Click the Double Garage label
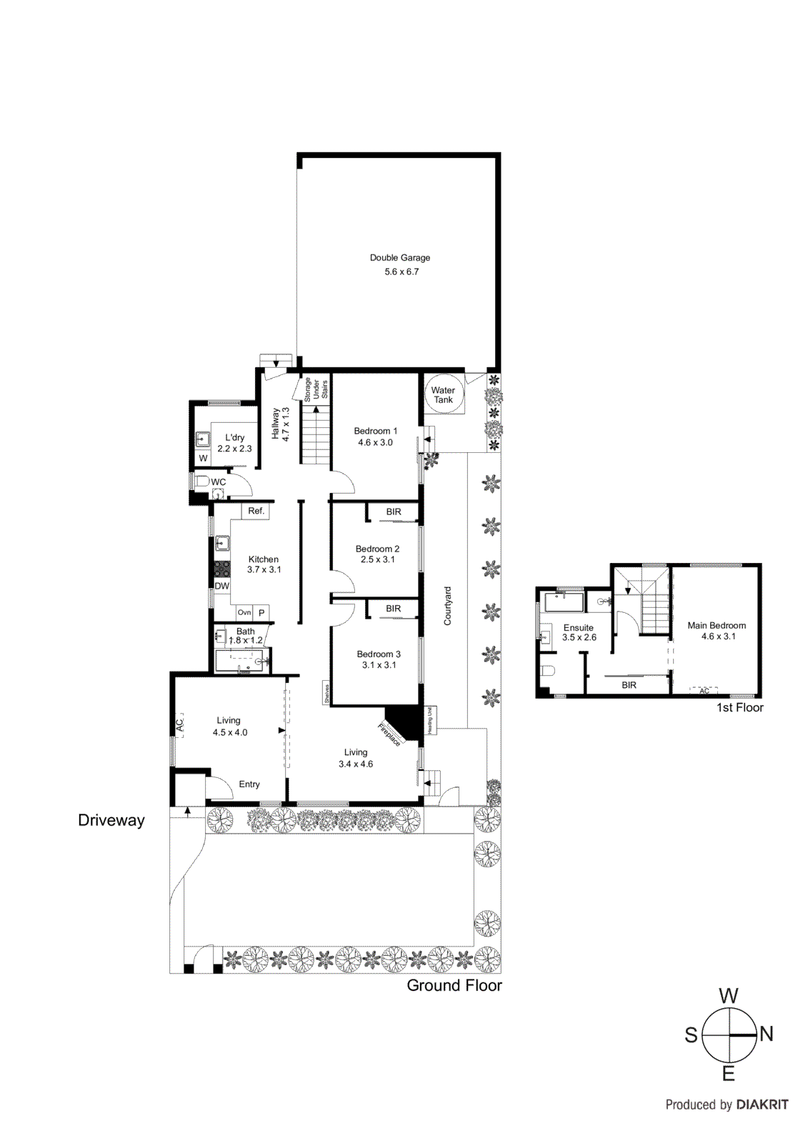pos(399,258)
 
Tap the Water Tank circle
pos(443,395)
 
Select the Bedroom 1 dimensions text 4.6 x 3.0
pos(375,442)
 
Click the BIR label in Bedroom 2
pos(394,512)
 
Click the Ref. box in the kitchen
pos(256,511)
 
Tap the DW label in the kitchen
pos(222,586)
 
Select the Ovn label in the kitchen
pos(244,613)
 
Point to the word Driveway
pos(111,820)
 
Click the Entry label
pos(249,784)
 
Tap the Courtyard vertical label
pos(448,606)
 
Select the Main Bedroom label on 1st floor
pos(716,625)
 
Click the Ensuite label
pos(578,627)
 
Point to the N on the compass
pos(767,1034)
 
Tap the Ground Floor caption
pos(454,985)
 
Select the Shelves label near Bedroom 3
pos(327,694)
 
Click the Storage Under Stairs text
pos(316,390)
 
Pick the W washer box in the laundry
pos(203,458)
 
